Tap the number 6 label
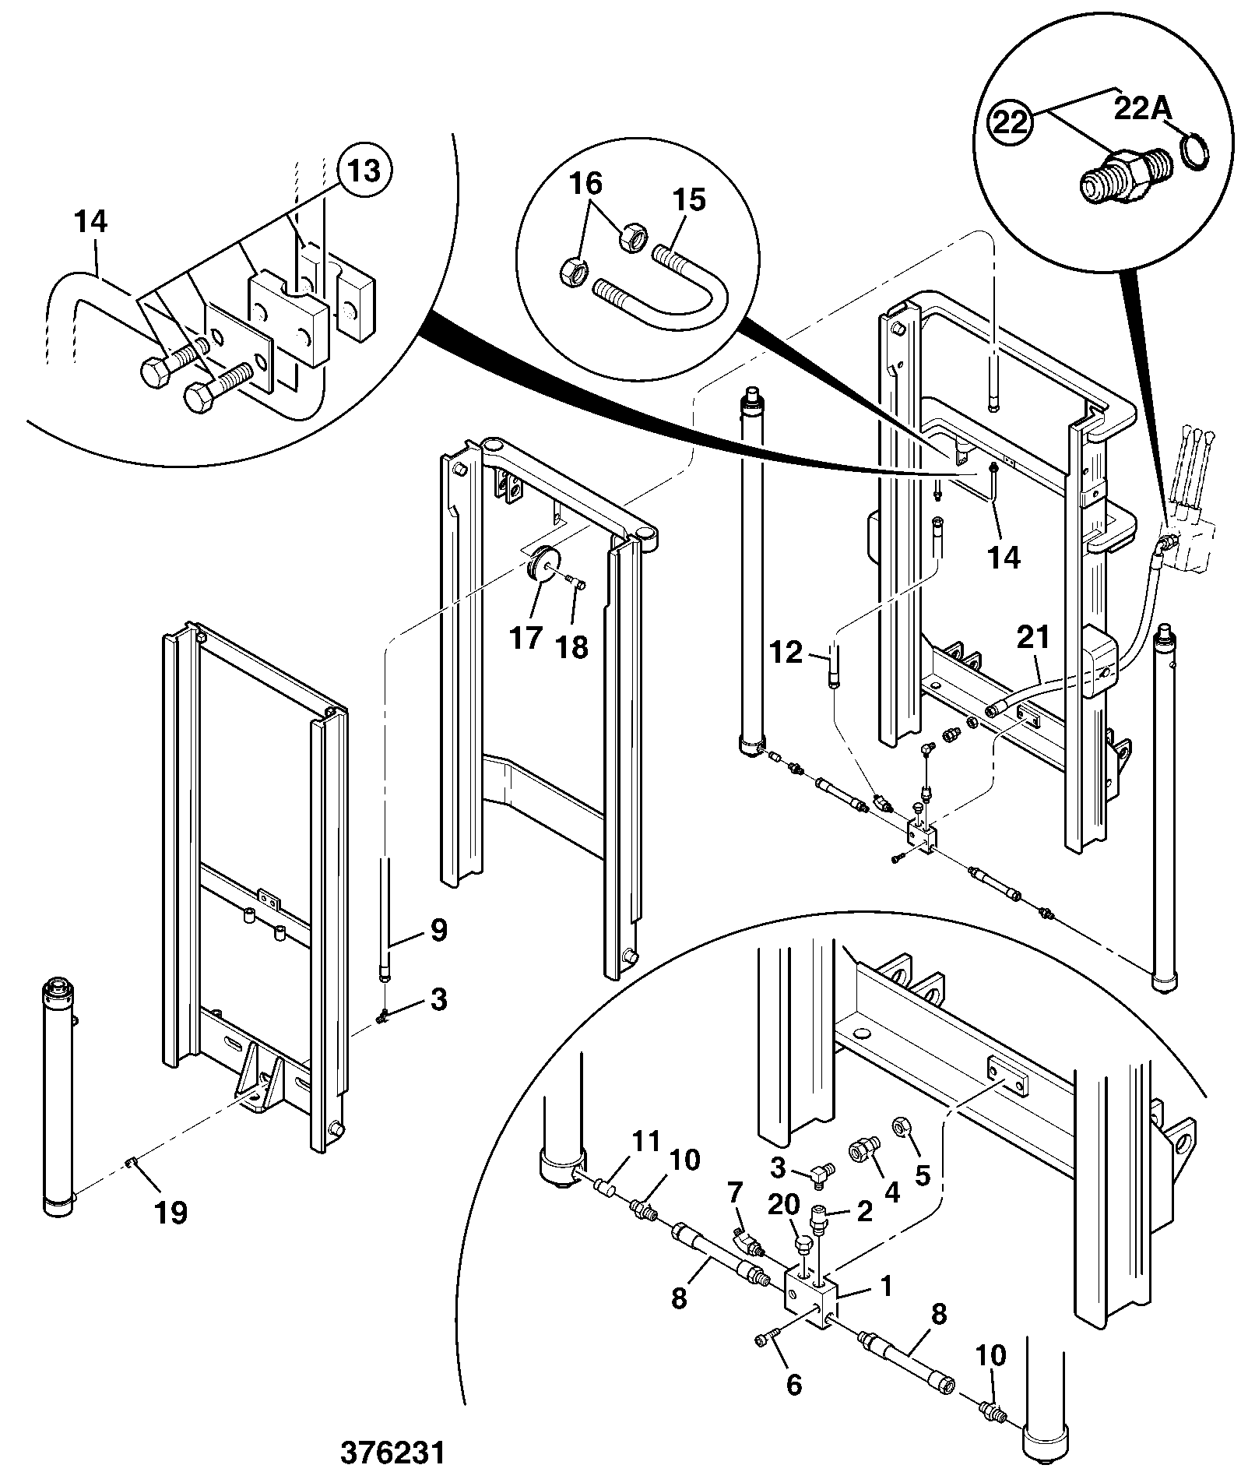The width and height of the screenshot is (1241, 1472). [793, 1384]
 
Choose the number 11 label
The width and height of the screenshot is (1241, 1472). [645, 1142]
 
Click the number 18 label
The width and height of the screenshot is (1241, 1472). [573, 647]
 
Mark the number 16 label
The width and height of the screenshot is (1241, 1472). [585, 184]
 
